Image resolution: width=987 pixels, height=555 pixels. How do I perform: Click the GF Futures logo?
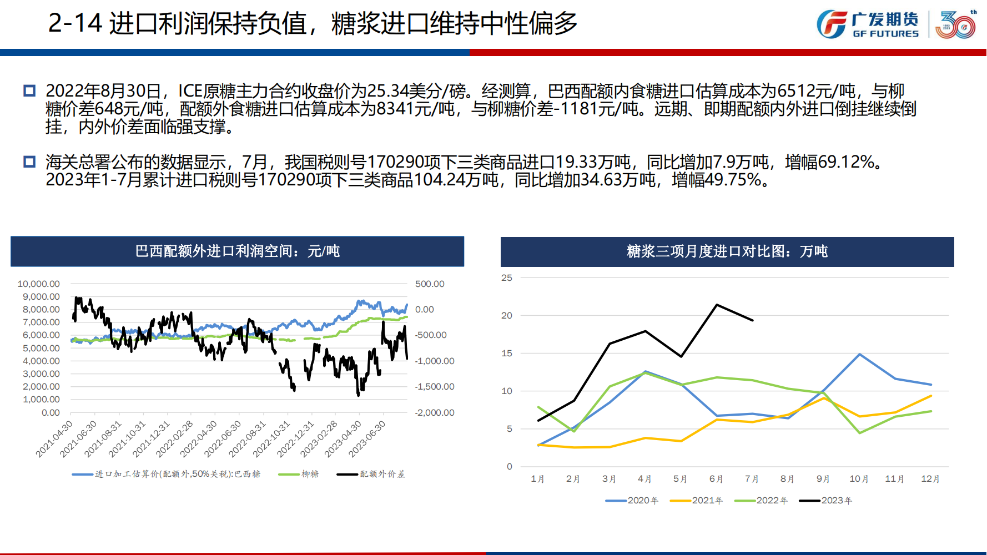click(x=868, y=24)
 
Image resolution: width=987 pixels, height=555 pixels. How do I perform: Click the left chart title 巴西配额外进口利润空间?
click(x=237, y=251)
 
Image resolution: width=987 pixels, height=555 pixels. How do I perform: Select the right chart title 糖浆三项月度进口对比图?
click(x=727, y=251)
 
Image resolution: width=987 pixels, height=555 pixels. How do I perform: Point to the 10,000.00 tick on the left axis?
click(x=39, y=284)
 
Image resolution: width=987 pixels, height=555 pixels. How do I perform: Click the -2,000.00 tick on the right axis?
click(x=435, y=412)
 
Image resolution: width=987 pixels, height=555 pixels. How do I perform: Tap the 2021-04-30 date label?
click(x=54, y=438)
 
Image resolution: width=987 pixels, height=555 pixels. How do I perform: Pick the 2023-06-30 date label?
click(x=367, y=438)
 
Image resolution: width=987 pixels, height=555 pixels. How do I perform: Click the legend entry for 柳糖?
click(x=310, y=474)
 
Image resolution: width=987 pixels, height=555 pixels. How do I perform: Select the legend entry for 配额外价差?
click(x=382, y=474)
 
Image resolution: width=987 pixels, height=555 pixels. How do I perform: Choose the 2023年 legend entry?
click(x=836, y=500)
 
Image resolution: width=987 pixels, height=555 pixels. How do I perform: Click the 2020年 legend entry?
click(x=642, y=500)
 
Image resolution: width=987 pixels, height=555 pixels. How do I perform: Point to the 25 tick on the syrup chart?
click(x=507, y=277)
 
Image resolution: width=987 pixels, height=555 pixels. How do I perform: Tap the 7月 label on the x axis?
click(x=752, y=478)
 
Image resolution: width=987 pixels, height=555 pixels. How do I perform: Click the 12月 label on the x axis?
click(x=930, y=478)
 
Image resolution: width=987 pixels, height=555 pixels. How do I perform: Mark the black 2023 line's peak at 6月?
click(x=717, y=305)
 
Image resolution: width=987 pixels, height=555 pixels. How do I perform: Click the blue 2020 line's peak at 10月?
click(x=859, y=354)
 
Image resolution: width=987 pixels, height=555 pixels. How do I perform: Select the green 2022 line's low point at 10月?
click(x=859, y=433)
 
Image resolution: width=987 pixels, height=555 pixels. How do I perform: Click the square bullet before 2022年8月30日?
click(x=29, y=90)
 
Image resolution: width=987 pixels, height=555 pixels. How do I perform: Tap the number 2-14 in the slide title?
click(x=75, y=23)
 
